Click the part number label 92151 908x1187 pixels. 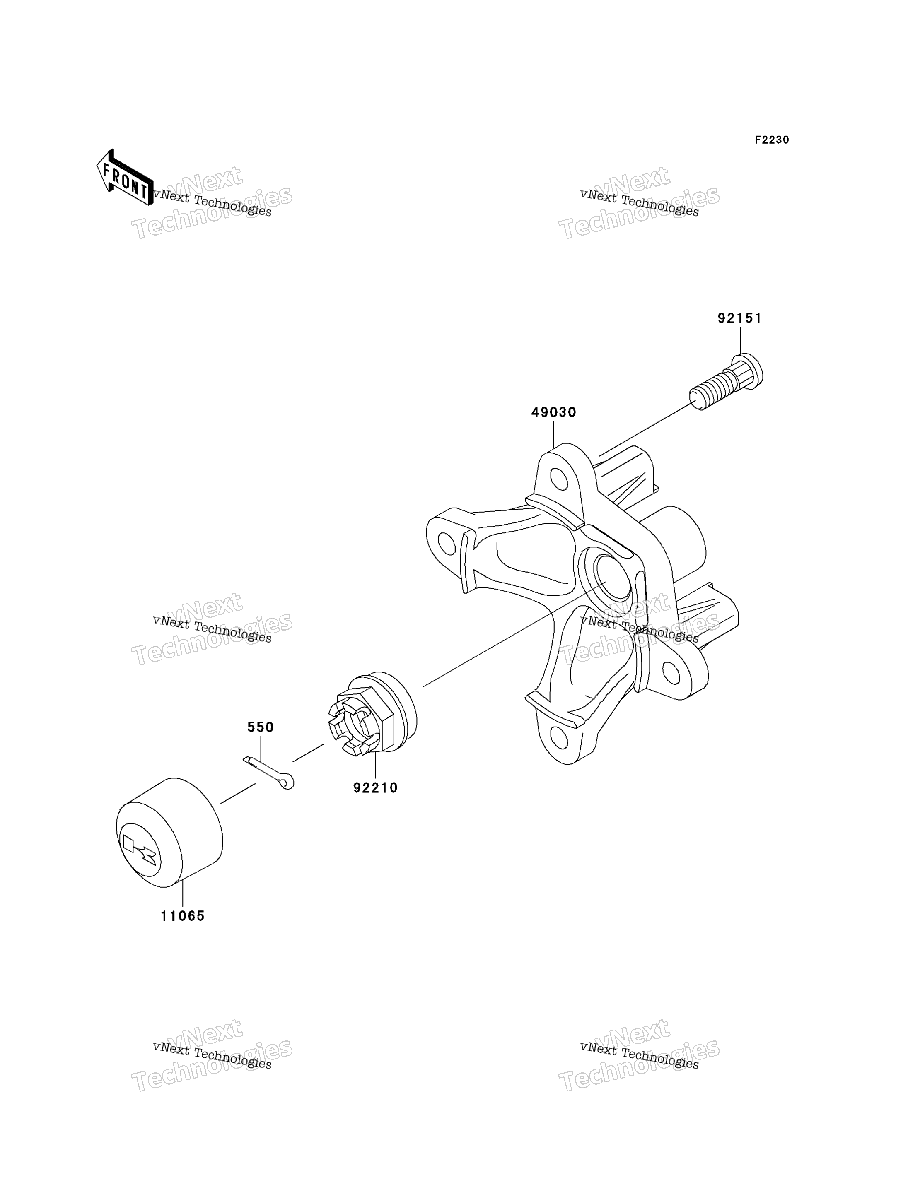(x=739, y=319)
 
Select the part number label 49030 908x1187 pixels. (x=553, y=413)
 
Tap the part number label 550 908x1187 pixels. (x=261, y=727)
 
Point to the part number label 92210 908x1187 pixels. (x=376, y=788)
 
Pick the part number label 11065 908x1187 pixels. (x=183, y=916)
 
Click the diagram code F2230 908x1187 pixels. (x=772, y=140)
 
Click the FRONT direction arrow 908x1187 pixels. (x=125, y=178)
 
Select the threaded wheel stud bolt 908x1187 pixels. (x=726, y=381)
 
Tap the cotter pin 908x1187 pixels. (x=268, y=773)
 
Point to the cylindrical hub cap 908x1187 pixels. (x=169, y=833)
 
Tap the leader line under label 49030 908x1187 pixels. (x=553, y=434)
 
